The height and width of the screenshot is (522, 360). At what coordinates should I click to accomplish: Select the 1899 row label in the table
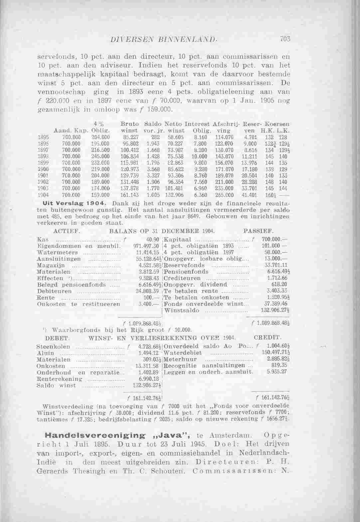[x=42, y=168]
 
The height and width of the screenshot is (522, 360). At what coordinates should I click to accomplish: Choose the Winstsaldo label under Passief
[x=182, y=311]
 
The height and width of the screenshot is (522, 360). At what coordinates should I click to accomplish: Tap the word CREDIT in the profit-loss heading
[x=268, y=338]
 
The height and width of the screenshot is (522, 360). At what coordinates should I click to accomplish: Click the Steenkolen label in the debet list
[x=53, y=346]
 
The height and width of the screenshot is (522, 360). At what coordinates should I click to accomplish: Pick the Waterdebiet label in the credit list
[x=183, y=353]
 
